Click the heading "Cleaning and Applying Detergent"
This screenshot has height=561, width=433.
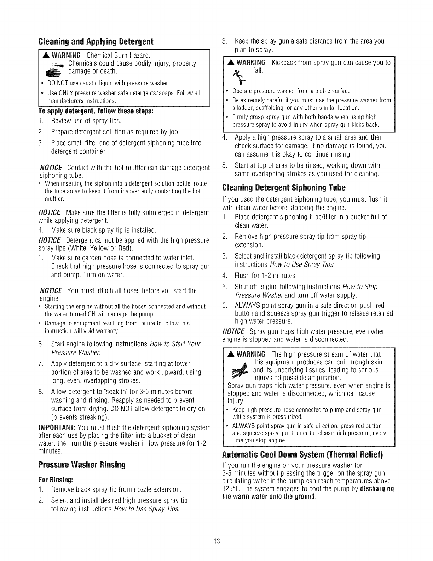click(96, 41)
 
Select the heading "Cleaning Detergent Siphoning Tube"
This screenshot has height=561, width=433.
click(283, 187)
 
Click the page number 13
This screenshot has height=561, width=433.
click(217, 542)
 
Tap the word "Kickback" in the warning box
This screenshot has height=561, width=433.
click(285, 63)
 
